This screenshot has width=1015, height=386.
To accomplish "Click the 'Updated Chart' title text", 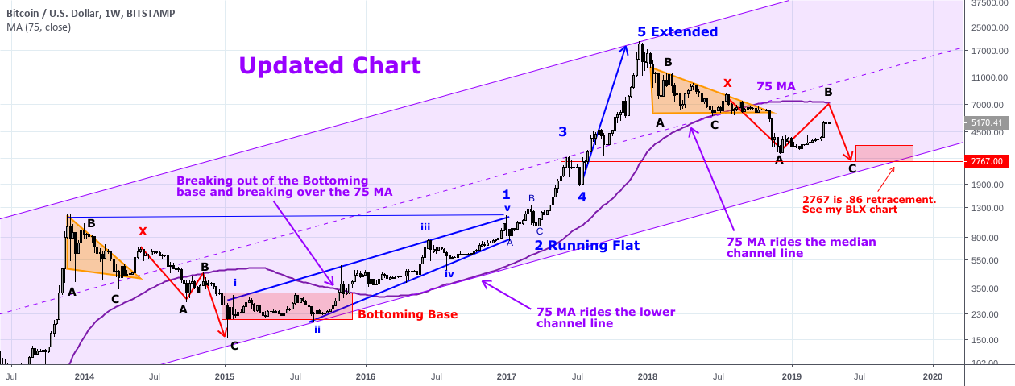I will click(x=330, y=65).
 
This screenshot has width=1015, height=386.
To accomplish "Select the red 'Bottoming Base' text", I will click(x=408, y=314).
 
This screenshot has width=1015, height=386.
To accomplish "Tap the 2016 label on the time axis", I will click(x=366, y=376).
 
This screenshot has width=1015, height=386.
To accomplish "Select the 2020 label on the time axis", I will click(x=932, y=376).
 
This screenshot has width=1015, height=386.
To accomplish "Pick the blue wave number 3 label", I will click(x=563, y=131).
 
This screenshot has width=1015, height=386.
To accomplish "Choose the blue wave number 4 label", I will click(x=581, y=196).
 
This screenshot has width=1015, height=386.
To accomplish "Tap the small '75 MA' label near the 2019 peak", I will click(x=775, y=86).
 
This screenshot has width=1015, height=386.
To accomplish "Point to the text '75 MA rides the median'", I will click(x=801, y=242).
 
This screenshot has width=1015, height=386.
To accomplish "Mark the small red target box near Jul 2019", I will click(x=884, y=152).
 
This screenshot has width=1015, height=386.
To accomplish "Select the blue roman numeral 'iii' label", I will click(x=425, y=227).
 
